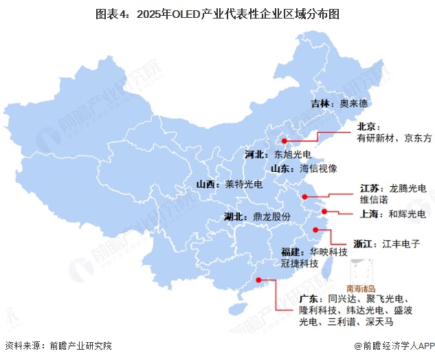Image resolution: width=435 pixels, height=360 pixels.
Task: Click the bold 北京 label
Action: pyautogui.click(x=368, y=126)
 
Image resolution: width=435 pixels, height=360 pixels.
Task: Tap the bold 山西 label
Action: pyautogui.click(x=206, y=184)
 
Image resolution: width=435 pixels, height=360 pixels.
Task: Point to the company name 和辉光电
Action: pyautogui.click(x=407, y=214)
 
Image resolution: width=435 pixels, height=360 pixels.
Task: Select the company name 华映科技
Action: pyautogui.click(x=328, y=251)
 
